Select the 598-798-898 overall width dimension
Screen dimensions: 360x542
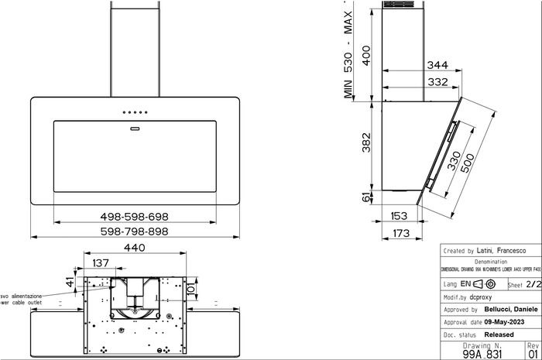tap(135, 231)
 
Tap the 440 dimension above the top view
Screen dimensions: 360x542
tap(135, 249)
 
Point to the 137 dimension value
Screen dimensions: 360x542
tap(101, 263)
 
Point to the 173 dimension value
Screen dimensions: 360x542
tap(401, 231)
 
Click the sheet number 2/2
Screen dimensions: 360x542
tap(532, 285)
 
